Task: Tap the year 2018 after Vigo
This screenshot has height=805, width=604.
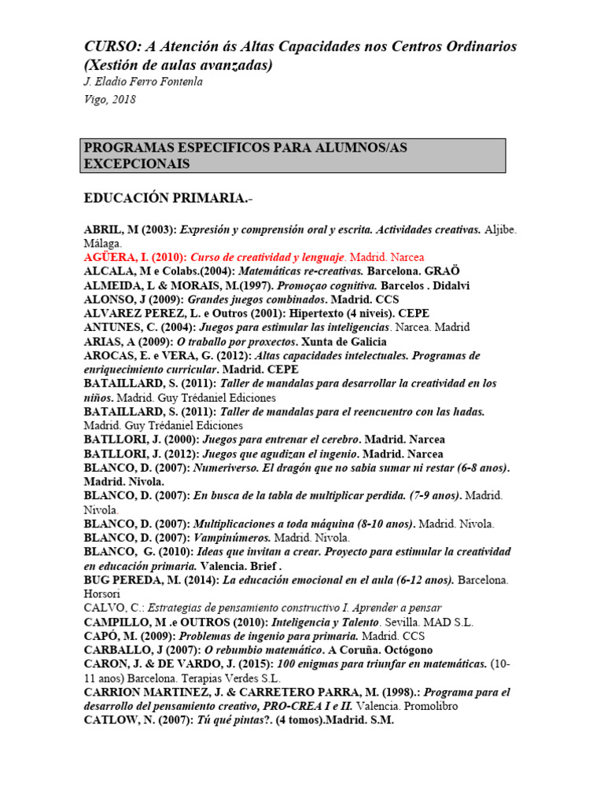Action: coord(123,100)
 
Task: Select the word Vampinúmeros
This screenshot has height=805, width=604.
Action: coord(231,538)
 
